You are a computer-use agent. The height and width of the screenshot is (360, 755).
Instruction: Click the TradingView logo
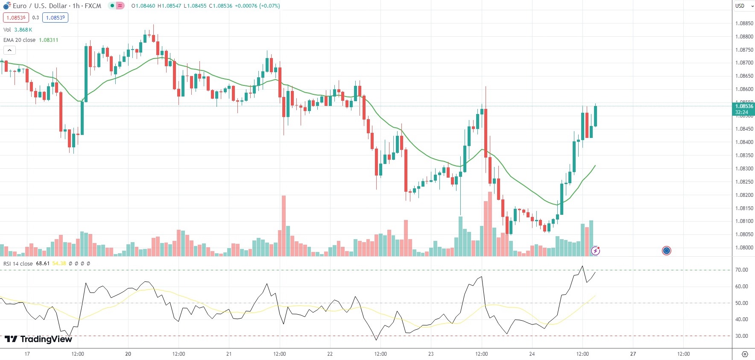(x=38, y=339)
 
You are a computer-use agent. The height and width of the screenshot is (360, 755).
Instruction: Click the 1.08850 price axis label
(x=744, y=23)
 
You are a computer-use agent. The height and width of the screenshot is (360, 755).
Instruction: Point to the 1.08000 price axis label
(x=744, y=248)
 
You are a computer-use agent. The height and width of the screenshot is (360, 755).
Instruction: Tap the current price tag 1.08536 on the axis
(x=743, y=106)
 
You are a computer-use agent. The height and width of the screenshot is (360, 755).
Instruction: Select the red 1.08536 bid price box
(x=16, y=18)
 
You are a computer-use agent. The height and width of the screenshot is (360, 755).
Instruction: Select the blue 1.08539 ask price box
(x=55, y=18)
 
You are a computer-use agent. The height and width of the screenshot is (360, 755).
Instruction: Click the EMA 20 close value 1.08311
(x=48, y=40)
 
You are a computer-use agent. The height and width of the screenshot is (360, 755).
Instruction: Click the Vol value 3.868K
(x=23, y=30)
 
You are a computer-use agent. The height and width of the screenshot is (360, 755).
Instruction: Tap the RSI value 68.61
(x=43, y=263)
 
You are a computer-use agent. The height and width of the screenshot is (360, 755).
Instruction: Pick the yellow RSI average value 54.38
(x=59, y=263)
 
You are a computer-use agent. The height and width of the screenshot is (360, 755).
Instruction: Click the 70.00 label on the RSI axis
(x=742, y=270)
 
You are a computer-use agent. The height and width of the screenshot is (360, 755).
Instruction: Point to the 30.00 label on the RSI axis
(x=742, y=336)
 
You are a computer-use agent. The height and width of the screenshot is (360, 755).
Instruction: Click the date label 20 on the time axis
(x=128, y=354)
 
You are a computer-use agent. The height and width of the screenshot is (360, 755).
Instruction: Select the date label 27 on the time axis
(x=633, y=354)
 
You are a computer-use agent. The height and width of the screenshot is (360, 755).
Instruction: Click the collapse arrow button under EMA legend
(x=9, y=50)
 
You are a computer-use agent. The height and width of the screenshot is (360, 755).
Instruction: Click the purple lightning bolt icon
(x=595, y=251)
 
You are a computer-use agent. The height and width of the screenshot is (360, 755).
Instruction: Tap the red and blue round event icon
(x=666, y=251)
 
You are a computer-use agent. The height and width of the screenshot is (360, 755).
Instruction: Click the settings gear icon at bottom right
(x=745, y=354)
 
